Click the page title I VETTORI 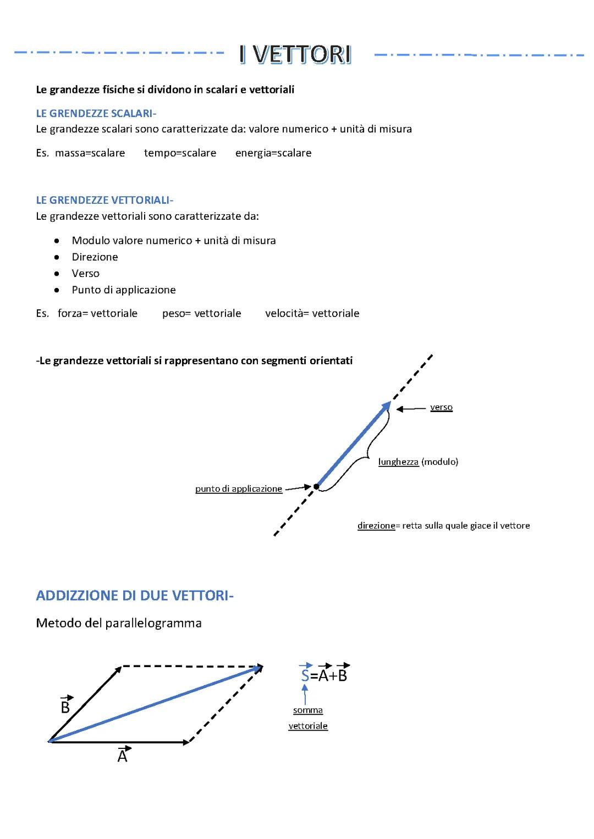pyautogui.click(x=295, y=55)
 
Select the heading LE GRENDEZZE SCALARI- pyautogui.click(x=96, y=114)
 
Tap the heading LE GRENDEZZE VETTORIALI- pyautogui.click(x=105, y=201)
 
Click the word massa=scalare pyautogui.click(x=90, y=153)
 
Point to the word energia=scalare pyautogui.click(x=273, y=153)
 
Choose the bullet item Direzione pyautogui.click(x=95, y=257)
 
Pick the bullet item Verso pyautogui.click(x=85, y=274)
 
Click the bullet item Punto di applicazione pyautogui.click(x=124, y=290)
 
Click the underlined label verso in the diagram pyautogui.click(x=441, y=407)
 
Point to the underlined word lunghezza pyautogui.click(x=398, y=462)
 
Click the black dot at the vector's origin pyautogui.click(x=316, y=486)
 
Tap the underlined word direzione pyautogui.click(x=376, y=526)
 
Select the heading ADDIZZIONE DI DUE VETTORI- pyautogui.click(x=135, y=596)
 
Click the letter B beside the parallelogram pyautogui.click(x=65, y=707)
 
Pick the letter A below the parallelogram pyautogui.click(x=122, y=757)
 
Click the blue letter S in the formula pyautogui.click(x=305, y=676)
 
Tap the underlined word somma pyautogui.click(x=307, y=710)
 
